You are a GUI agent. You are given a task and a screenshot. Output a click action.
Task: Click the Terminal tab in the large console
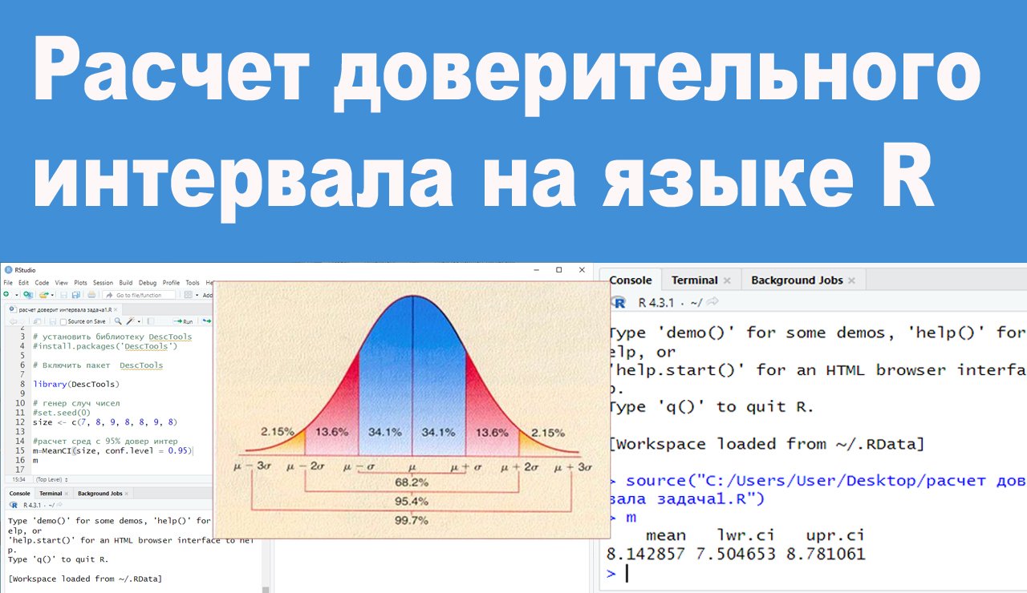coord(695,280)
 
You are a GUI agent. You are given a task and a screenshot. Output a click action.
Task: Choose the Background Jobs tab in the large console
coord(797,280)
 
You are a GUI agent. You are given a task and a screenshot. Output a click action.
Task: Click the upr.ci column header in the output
coord(835,535)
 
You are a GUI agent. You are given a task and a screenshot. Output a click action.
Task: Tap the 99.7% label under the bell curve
coord(411,520)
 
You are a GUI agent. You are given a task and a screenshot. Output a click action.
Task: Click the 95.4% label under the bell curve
coord(411,501)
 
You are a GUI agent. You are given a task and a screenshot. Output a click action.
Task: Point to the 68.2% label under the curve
coord(411,482)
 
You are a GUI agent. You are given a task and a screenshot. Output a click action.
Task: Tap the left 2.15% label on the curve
coord(278,431)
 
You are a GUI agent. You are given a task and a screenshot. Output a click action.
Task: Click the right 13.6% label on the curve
coord(492,431)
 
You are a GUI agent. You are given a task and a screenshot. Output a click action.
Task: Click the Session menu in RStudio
coord(103,283)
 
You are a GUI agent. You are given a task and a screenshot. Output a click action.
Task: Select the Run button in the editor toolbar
coord(184,321)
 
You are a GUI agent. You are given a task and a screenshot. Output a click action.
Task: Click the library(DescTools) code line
coord(73,385)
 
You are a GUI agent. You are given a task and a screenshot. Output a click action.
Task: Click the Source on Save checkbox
coord(63,321)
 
